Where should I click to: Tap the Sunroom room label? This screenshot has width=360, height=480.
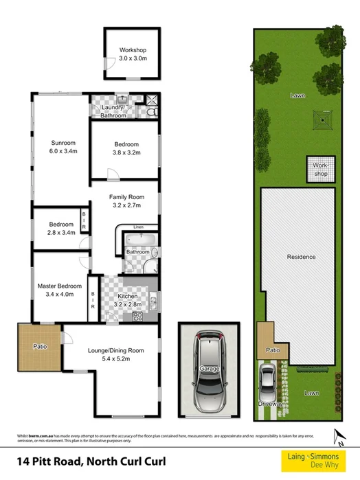point(63,146)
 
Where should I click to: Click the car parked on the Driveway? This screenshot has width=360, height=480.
point(267,382)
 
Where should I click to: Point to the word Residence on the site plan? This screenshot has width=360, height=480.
point(301,257)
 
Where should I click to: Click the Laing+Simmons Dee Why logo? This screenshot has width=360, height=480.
point(316,459)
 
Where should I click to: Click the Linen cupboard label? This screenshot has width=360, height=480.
point(139,227)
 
